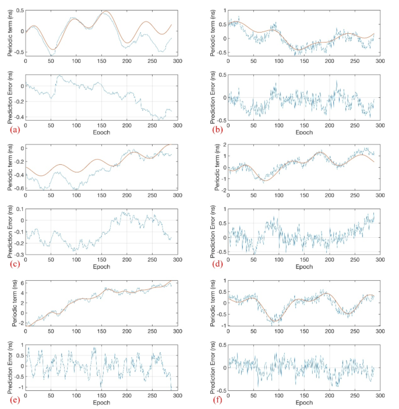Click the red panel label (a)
click(x=12, y=129)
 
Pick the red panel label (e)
click(x=12, y=401)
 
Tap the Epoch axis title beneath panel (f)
click(x=303, y=402)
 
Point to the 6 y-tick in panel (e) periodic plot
click(x=20, y=283)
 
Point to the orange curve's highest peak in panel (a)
click(x=105, y=12)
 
